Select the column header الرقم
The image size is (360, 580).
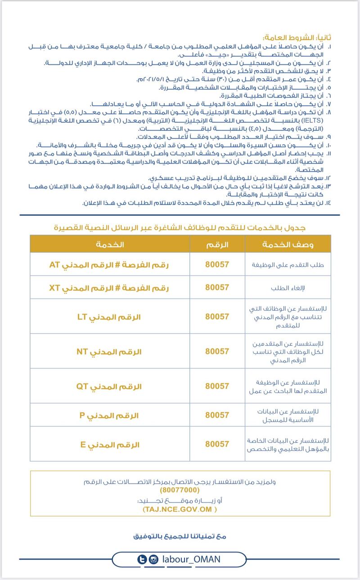click(217, 244)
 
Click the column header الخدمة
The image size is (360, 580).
click(110, 244)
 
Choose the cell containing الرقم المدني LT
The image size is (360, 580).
click(109, 317)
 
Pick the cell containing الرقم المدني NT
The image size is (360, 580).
click(109, 351)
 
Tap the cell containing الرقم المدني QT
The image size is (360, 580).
click(109, 386)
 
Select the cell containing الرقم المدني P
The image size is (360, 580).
click(109, 415)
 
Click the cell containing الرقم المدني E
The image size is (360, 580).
click(109, 444)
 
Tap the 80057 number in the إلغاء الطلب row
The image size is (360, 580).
click(217, 287)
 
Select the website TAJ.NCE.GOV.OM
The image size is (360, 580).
click(180, 509)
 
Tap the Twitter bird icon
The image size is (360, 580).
click(143, 559)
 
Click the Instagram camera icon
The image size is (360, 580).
click(153, 559)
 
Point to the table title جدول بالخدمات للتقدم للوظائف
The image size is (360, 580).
click(180, 228)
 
